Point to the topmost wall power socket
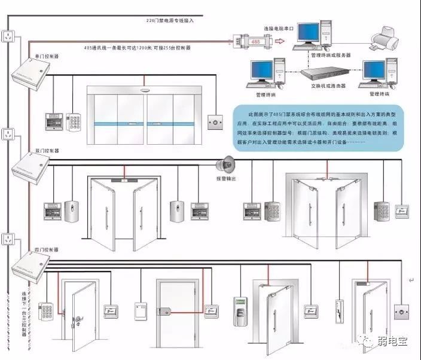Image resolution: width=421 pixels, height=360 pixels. click(8, 36)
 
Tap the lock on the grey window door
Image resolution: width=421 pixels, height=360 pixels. click(170, 311)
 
